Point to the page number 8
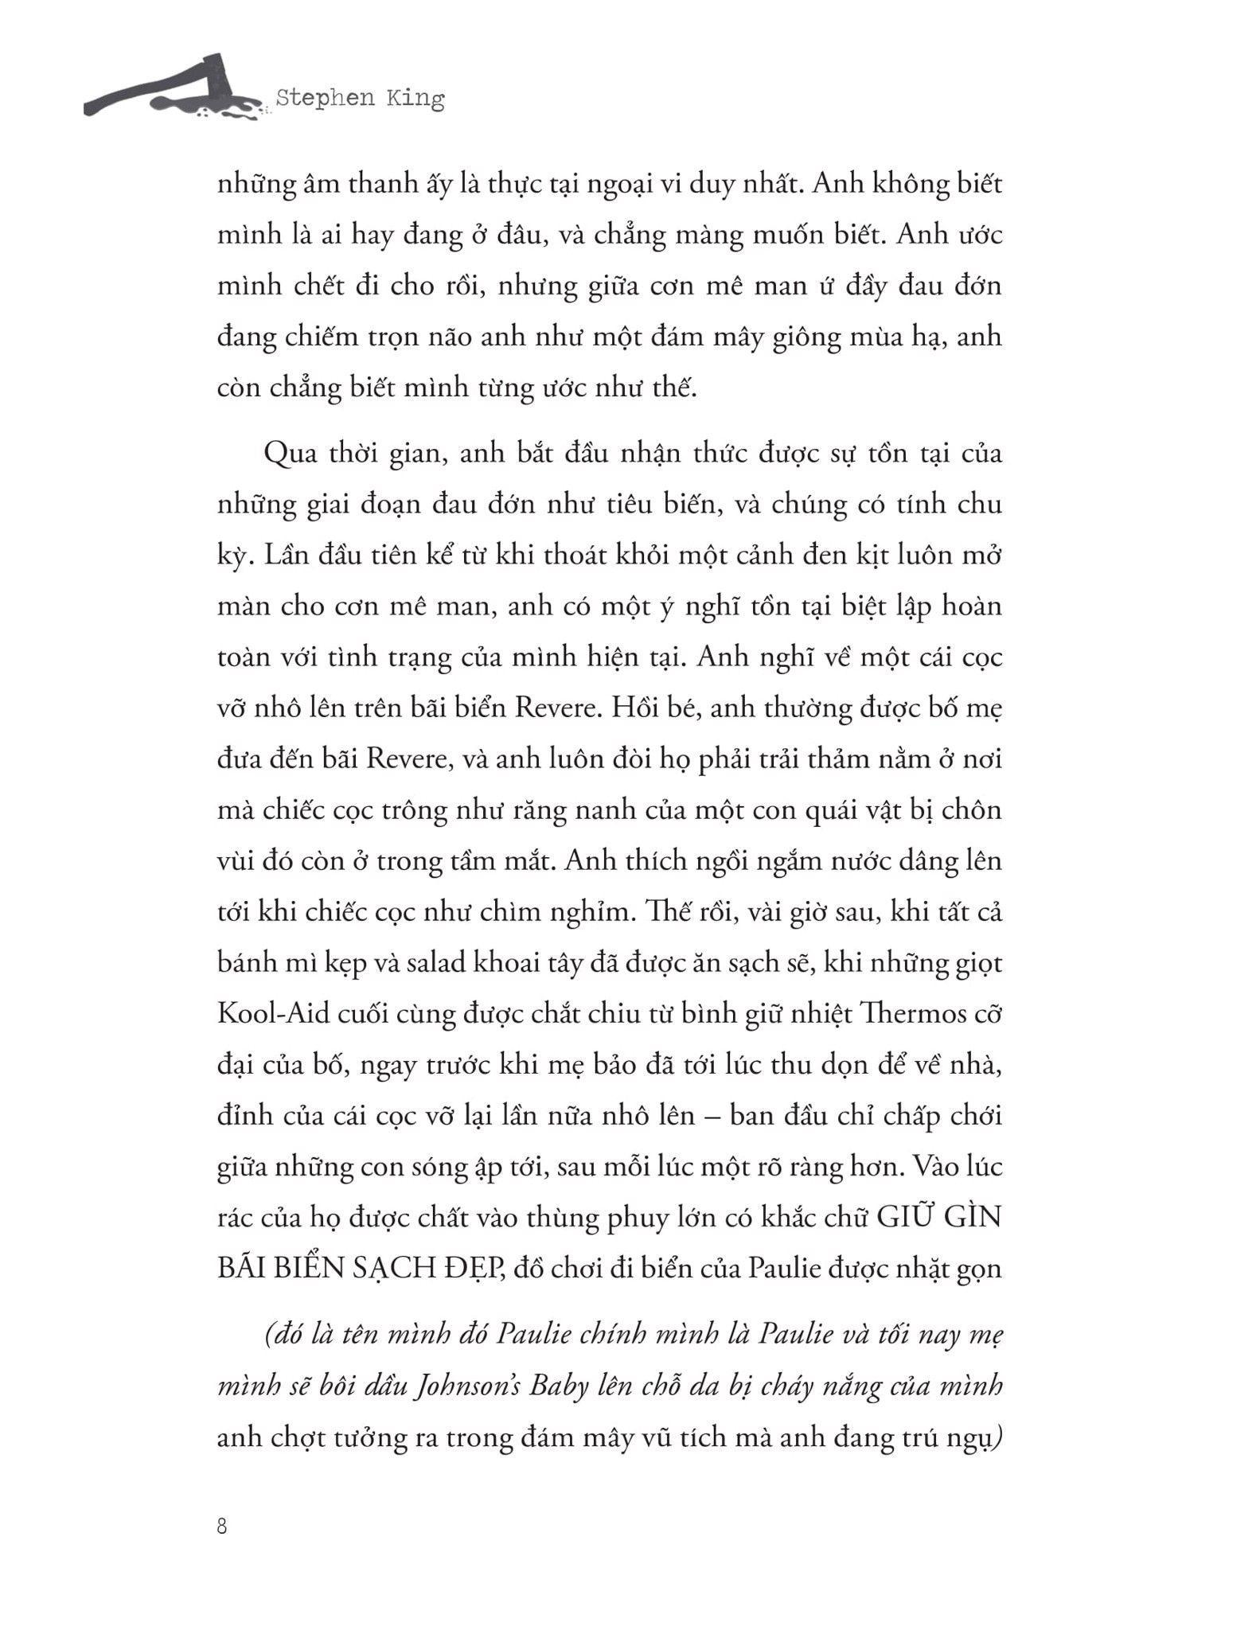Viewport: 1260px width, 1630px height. [x=222, y=1527]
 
